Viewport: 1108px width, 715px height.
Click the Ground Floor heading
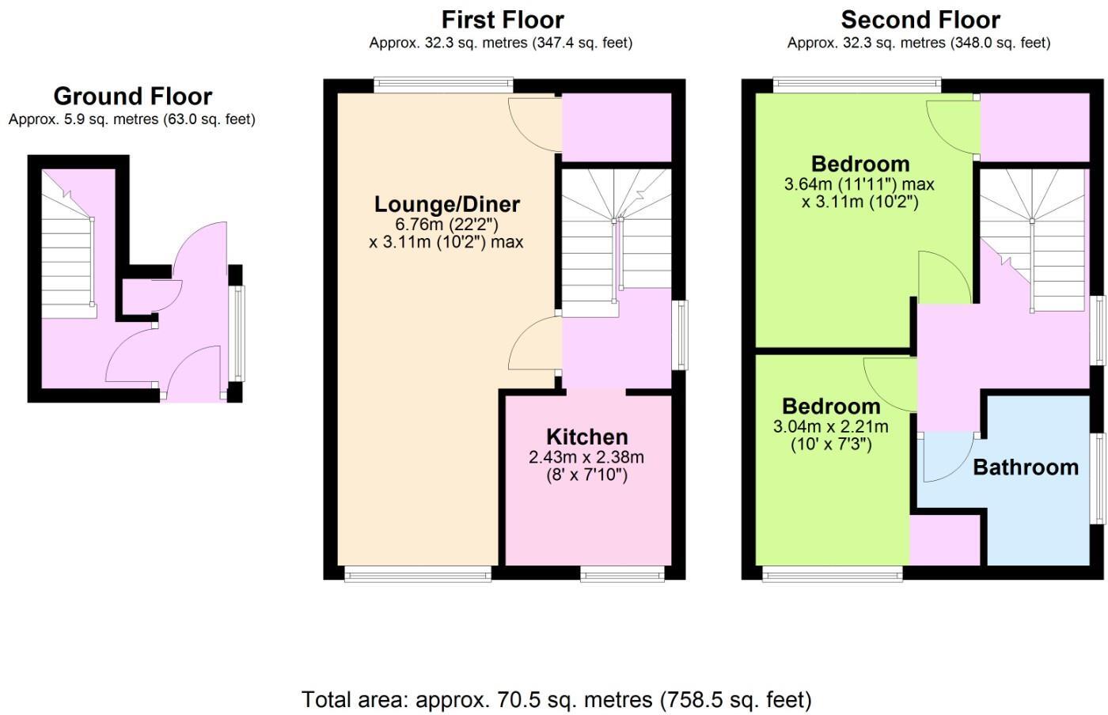click(132, 96)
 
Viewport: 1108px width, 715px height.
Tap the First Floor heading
click(502, 19)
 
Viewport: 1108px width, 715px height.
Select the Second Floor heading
click(920, 19)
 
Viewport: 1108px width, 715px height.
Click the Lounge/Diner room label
click(446, 204)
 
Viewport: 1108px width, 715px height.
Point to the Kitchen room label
click(586, 437)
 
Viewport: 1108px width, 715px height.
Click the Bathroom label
click(1025, 467)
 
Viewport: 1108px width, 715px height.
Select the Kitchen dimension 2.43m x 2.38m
click(586, 457)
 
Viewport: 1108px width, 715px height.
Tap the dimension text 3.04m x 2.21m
click(830, 427)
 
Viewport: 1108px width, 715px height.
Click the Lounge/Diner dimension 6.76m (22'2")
click(446, 224)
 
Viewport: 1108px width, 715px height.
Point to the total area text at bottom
click(556, 699)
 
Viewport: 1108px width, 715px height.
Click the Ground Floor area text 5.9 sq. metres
click(131, 119)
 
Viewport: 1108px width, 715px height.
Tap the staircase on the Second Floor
click(1033, 237)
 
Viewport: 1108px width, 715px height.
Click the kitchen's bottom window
click(622, 575)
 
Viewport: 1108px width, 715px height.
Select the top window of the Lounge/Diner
click(443, 85)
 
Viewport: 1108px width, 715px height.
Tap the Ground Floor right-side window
click(237, 332)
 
